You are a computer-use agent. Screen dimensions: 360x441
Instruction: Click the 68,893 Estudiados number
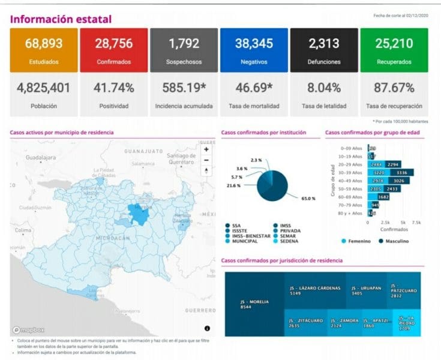[x=44, y=43]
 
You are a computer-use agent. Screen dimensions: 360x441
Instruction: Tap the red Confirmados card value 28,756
[x=113, y=43]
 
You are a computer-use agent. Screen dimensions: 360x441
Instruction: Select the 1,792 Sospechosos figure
[x=184, y=43]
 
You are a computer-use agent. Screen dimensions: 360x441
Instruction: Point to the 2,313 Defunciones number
[x=324, y=43]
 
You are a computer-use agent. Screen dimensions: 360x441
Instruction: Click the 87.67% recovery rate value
[x=394, y=88]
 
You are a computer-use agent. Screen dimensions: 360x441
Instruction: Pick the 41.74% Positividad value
[x=113, y=88]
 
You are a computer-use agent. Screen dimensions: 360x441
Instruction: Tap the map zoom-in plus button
[x=206, y=149]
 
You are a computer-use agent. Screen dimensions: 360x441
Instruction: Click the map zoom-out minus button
[x=206, y=160]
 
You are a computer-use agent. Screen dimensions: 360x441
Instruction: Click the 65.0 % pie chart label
[x=308, y=198]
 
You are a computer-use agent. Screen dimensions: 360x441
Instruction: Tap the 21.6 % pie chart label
[x=233, y=186]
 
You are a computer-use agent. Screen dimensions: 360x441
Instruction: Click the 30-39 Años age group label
[x=349, y=172]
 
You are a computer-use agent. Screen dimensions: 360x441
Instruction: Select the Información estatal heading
[x=61, y=19]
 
